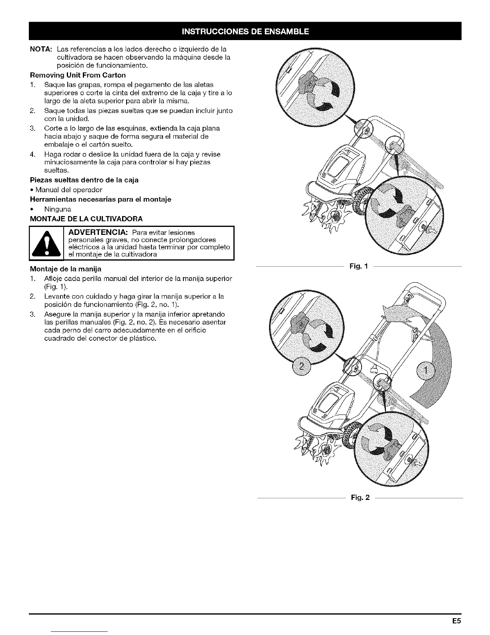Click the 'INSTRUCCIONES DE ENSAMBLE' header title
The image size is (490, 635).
[245, 31]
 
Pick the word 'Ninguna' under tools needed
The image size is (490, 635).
[58, 209]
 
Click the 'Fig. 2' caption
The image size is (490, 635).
[360, 497]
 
